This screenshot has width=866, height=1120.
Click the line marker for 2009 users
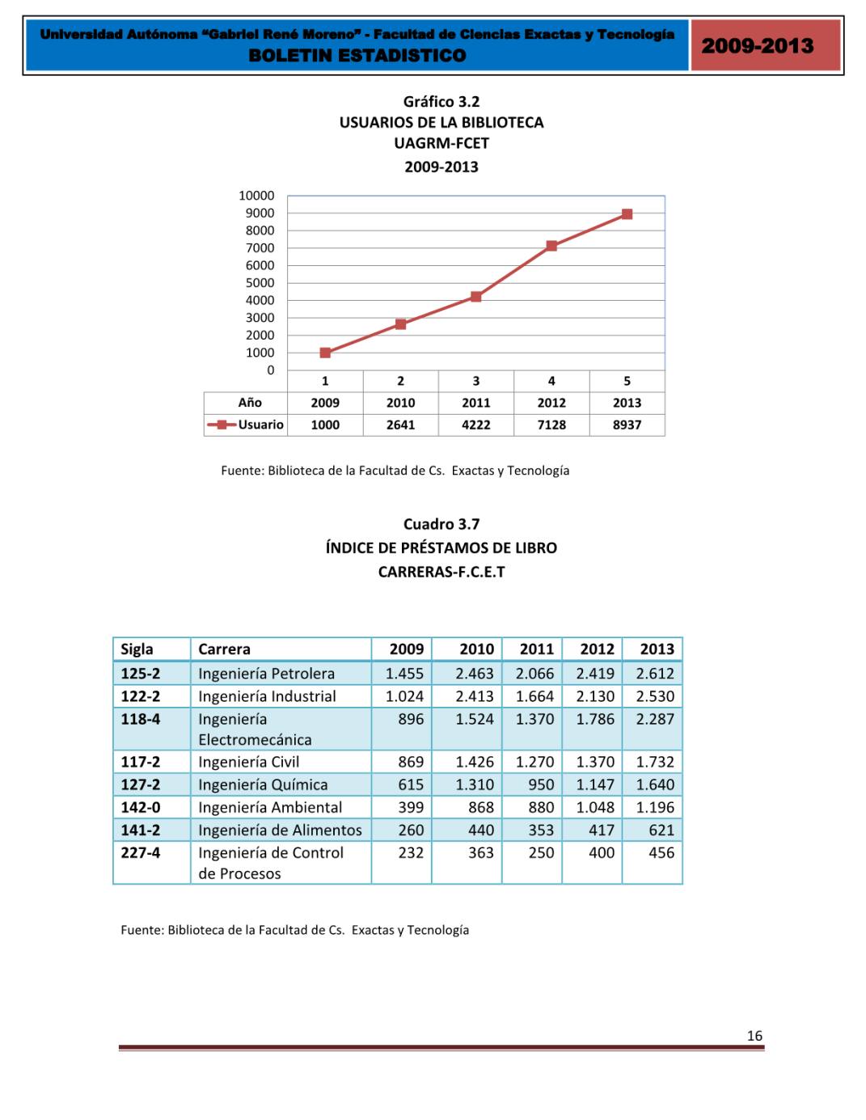coord(325,353)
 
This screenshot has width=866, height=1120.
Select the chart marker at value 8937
coord(627,214)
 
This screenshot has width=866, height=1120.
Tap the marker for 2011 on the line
coord(475,297)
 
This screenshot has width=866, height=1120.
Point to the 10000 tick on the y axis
coord(256,196)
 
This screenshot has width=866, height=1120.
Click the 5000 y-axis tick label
coord(260,283)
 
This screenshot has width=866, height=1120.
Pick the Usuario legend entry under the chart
coord(247,425)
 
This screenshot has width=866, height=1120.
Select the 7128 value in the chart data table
coord(551,425)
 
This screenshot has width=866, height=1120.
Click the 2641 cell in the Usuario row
coord(400,425)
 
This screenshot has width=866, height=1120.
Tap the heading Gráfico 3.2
coord(441,101)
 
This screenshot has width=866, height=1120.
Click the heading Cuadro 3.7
coord(441,524)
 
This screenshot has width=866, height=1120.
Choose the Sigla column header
coord(137,649)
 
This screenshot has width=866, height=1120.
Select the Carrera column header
coord(224,649)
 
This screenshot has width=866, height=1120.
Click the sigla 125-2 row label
coord(141,673)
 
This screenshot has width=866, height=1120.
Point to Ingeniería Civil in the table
coord(248,762)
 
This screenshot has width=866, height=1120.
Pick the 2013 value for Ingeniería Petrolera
coord(654,673)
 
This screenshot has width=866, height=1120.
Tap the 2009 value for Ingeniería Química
coord(411,784)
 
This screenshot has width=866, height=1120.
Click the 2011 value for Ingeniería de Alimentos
coord(541,830)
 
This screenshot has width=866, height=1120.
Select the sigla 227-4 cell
coord(141,852)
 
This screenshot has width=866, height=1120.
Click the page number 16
coord(754,1036)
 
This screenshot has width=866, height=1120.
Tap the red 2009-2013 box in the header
coord(758,45)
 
